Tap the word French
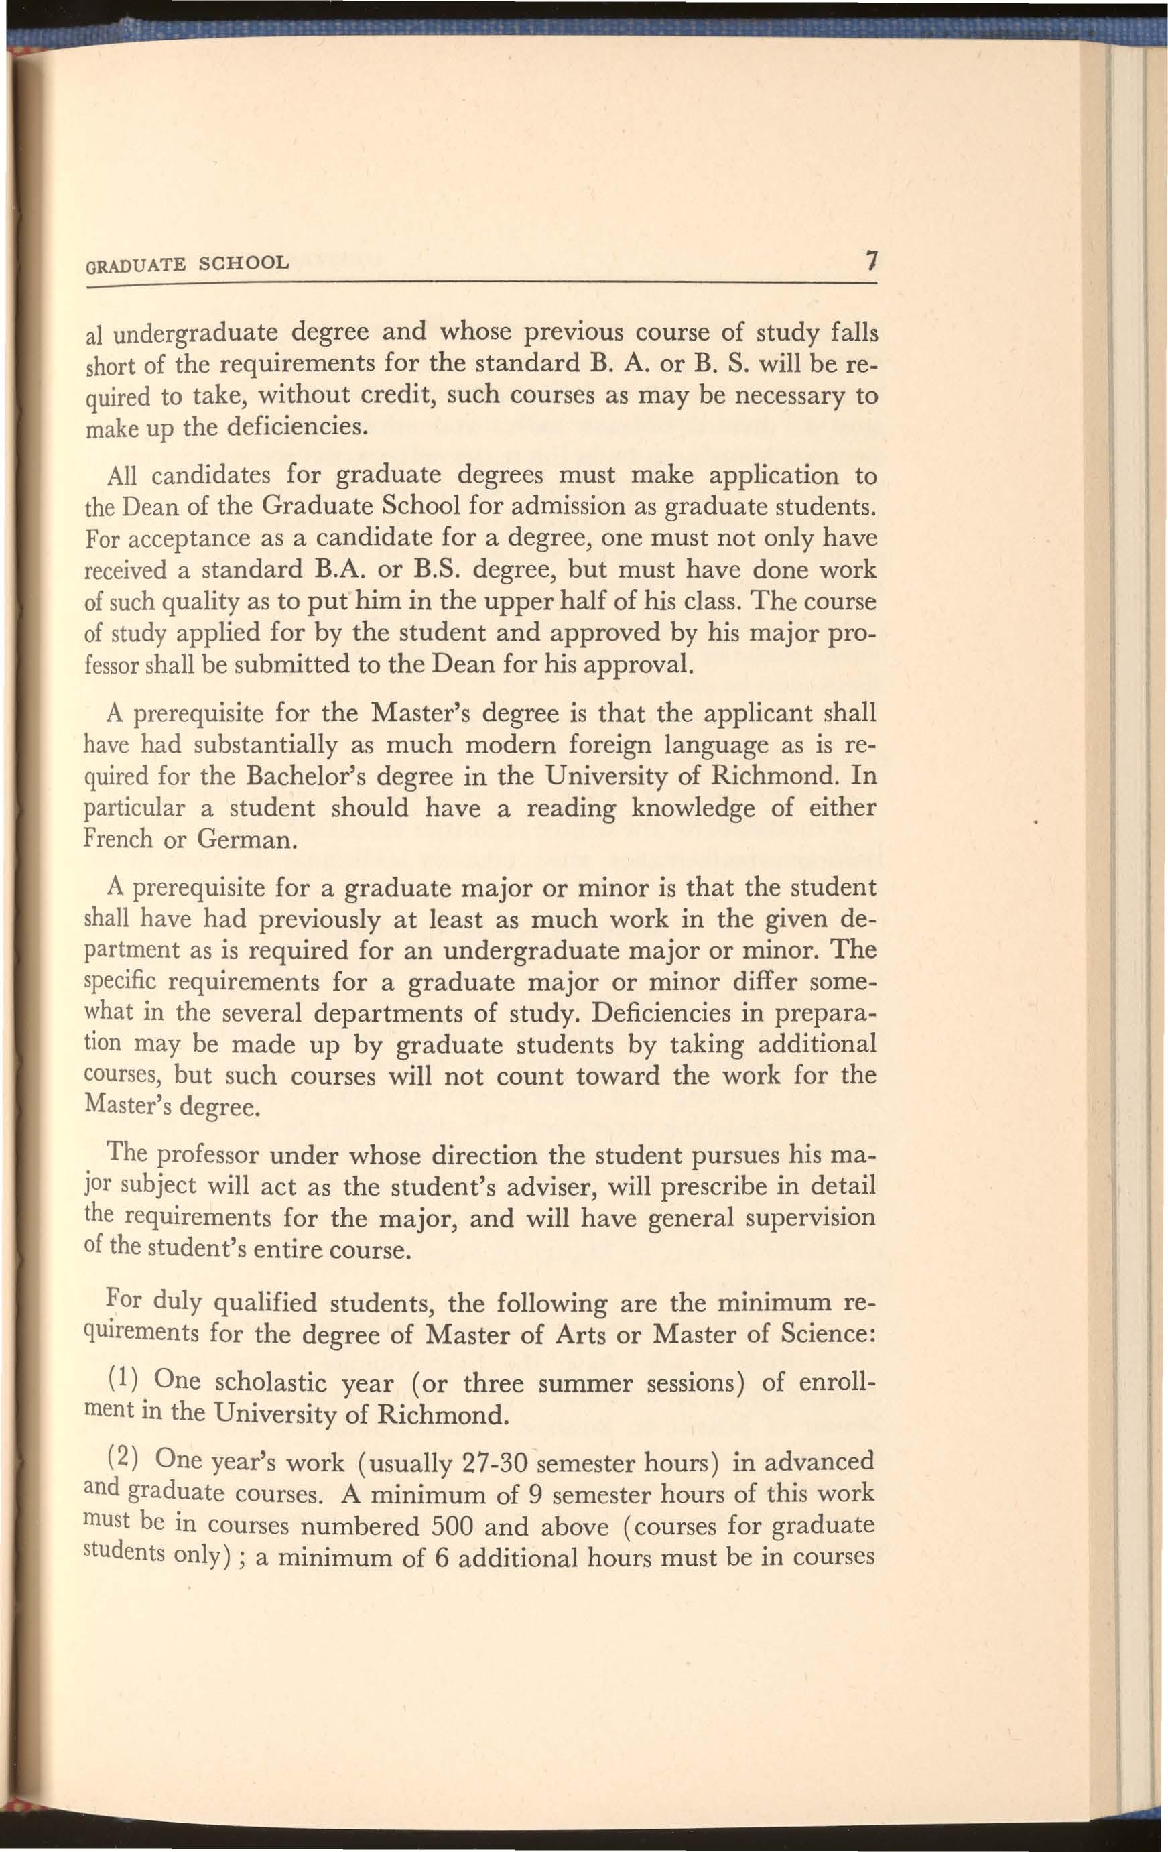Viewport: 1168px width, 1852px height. pyautogui.click(x=119, y=838)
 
